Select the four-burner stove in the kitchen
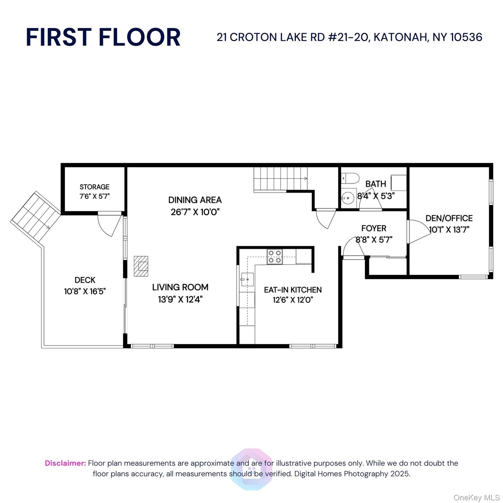pos(275,256)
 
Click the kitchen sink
pos(247,279)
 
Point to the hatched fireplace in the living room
pos(141,266)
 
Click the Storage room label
pos(94,187)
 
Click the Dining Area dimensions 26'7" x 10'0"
pos(195,212)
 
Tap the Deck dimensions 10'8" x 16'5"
pos(85,291)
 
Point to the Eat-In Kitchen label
pos(293,290)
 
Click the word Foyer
pos(374,228)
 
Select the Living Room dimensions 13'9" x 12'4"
pos(180,299)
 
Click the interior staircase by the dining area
pos(280,178)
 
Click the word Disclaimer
pos(65,463)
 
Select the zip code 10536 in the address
pos(466,37)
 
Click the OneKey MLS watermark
pos(476,498)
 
